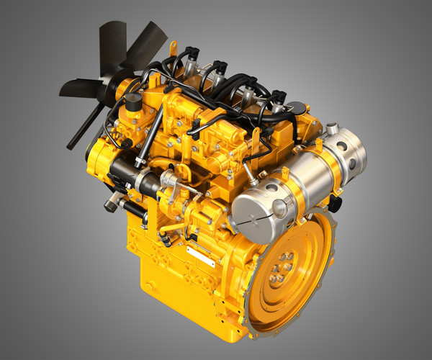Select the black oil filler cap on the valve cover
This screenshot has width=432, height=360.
coord(297,109)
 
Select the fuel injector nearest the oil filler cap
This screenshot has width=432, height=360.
coord(276,99)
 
